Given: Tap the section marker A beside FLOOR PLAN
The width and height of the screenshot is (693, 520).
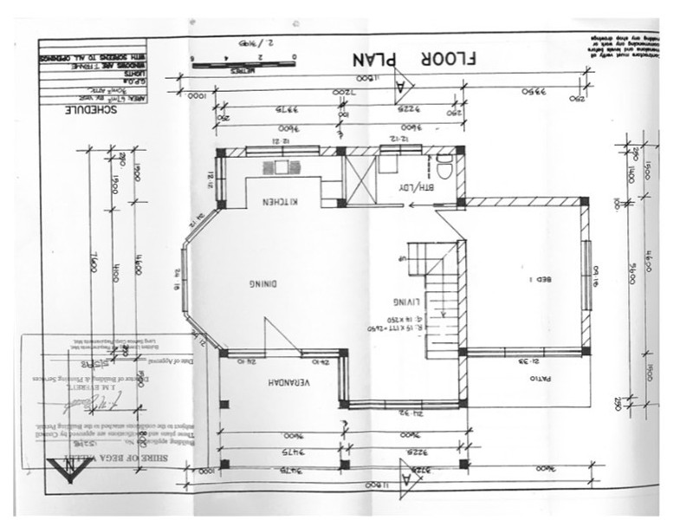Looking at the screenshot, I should pyautogui.click(x=404, y=86).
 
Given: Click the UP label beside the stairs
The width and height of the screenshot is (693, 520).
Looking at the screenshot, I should pyautogui.click(x=400, y=258).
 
